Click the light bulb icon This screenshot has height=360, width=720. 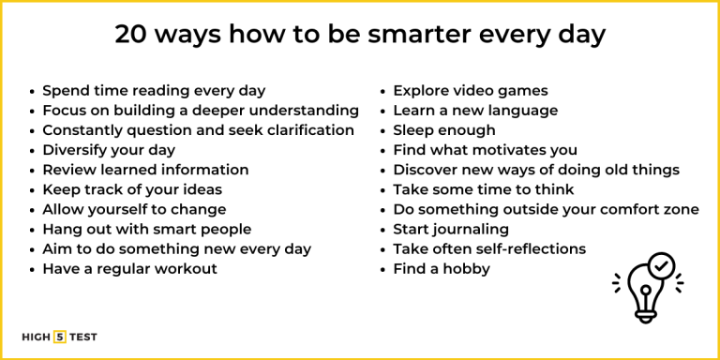pyautogui.click(x=648, y=290)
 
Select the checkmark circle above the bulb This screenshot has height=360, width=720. pyautogui.click(x=661, y=266)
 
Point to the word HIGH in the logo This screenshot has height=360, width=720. pyautogui.click(x=37, y=337)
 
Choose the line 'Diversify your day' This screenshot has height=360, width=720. pyautogui.click(x=109, y=150)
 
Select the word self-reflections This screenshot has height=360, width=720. pyautogui.click(x=527, y=249)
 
